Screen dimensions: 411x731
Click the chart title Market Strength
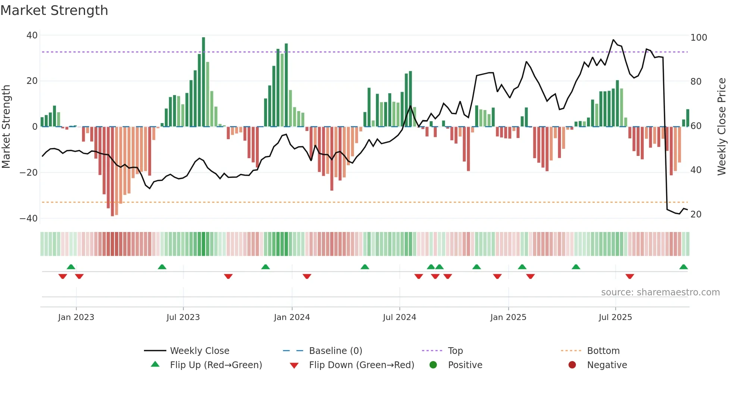coord(54,10)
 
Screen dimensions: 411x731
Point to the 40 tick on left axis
coord(32,35)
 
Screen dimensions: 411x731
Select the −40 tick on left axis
coord(29,219)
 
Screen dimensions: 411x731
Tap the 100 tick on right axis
coord(699,38)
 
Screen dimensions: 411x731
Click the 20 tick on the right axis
coord(696,214)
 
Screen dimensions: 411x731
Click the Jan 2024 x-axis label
coord(292,317)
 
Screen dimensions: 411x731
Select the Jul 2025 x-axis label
coord(615,317)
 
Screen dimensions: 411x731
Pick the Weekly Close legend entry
coord(199,351)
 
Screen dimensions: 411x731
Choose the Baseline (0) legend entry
coord(335,351)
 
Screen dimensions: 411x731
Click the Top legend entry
coord(455,351)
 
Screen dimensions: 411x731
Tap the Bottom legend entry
coord(603,351)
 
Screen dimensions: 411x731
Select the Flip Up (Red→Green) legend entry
coord(216,365)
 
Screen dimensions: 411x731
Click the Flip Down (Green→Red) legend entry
coord(361,365)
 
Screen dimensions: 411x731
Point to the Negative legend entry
coord(607,365)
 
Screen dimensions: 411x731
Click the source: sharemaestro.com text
coord(660,292)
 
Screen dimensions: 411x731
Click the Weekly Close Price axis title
coord(722,127)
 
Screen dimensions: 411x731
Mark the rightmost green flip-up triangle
coord(683,267)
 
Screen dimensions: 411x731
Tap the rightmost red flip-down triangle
coord(630,276)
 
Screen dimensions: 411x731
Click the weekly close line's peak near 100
coord(613,40)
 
